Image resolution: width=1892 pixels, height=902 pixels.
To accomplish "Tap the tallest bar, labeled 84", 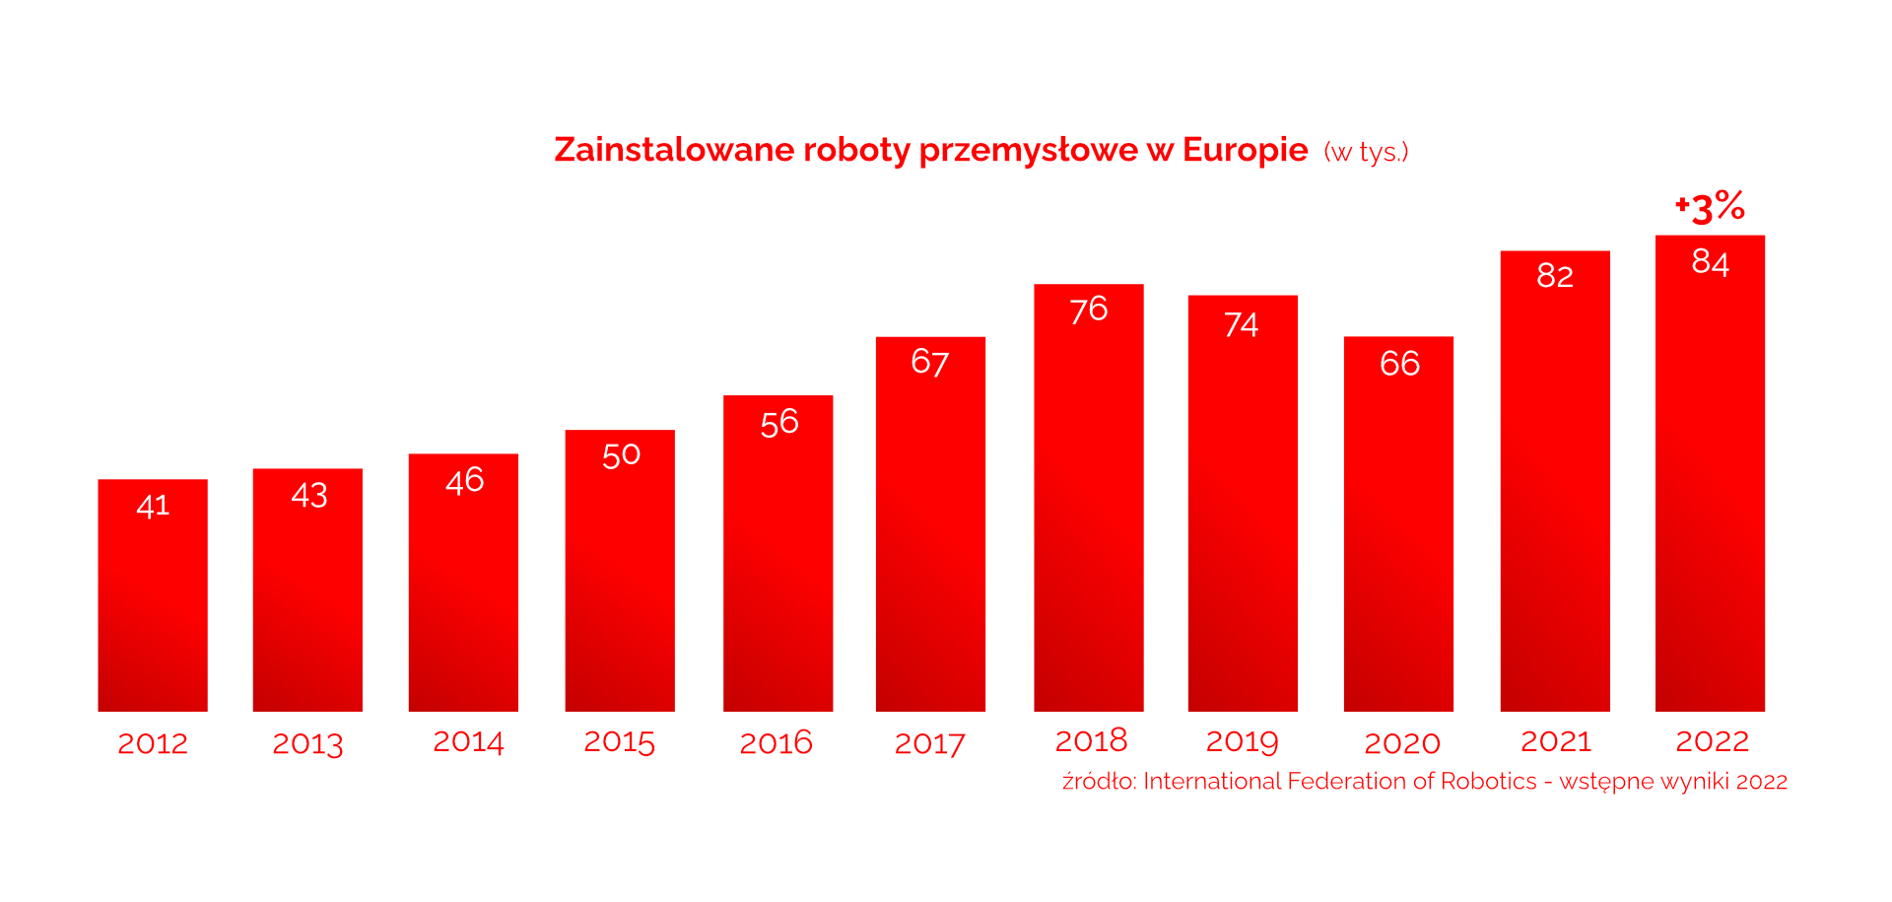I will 1710,473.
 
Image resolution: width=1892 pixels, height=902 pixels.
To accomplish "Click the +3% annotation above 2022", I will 1710,206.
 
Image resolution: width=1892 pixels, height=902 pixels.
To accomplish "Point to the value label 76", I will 1089,311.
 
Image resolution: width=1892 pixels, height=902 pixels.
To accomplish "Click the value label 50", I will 621,455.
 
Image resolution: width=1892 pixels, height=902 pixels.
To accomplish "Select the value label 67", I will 929,363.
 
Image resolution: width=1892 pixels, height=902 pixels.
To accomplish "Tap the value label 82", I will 1555,276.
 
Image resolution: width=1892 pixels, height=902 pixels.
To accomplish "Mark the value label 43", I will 308,495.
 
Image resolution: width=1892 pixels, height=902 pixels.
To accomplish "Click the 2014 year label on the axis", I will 468,742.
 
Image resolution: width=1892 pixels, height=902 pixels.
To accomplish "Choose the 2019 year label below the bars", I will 1242,741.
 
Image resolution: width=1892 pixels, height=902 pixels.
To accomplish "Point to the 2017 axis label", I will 929,743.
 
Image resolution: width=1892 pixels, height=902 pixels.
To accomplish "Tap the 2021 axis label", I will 1555,741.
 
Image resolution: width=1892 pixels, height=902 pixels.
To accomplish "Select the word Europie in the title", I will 1245,150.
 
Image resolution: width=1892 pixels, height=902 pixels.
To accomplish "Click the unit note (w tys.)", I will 1366,152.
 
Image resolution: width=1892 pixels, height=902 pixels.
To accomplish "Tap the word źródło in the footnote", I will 1099,782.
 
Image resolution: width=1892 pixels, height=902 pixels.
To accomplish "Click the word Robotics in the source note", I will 1488,782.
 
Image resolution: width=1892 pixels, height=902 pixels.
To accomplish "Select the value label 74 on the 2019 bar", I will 1241,325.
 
